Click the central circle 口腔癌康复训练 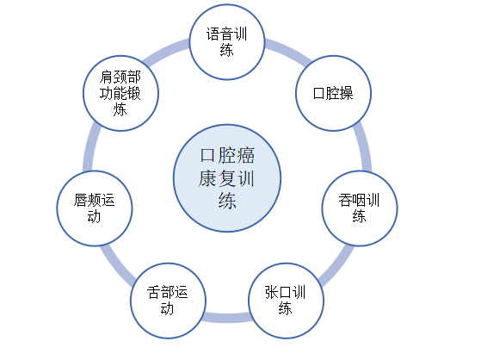tap(227, 178)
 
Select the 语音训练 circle tap(227, 42)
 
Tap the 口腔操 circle tap(334, 93)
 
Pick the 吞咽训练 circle tap(360, 208)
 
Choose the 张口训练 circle tap(286, 301)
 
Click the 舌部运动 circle tap(168, 301)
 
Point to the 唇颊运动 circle tap(95, 208)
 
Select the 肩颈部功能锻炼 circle tap(120, 93)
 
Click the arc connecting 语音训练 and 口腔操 tap(290, 51)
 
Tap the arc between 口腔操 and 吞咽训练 tap(364, 146)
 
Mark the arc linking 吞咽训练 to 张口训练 tap(337, 267)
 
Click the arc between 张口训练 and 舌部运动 tap(227, 317)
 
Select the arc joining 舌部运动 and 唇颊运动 tap(116, 267)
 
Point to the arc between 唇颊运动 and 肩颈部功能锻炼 tap(89, 146)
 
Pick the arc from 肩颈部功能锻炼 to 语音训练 tap(163, 51)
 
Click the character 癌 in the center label tap(245, 155)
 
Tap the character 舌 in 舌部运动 tap(153, 292)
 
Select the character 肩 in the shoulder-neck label tap(107, 77)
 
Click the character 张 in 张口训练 tap(272, 292)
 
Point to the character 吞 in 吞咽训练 tap(345, 200)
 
